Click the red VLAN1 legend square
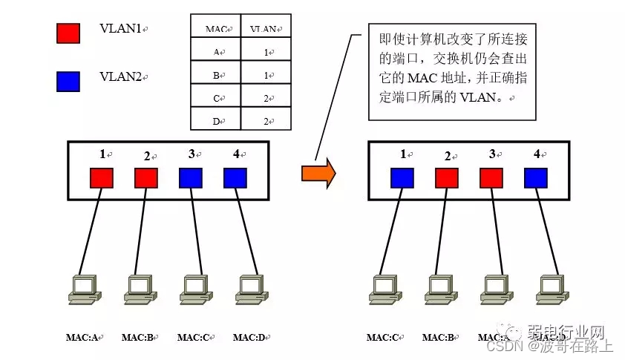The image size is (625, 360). pos(68,32)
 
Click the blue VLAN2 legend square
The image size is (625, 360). pos(68,80)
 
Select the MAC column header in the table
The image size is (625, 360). pos(215,29)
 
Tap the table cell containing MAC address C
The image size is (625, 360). pos(216,97)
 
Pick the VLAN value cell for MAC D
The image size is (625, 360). pos(266,121)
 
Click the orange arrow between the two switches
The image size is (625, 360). pos(318,173)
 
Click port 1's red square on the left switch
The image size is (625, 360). pos(102,178)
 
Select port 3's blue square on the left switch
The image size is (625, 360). pos(190,178)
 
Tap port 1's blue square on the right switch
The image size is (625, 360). pos(402,178)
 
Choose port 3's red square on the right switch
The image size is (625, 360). pos(491,178)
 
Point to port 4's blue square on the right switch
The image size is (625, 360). pos(536,178)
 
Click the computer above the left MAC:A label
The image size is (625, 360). pos(81,290)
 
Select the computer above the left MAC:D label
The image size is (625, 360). pos(249,290)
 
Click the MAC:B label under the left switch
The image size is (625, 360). pos(137,338)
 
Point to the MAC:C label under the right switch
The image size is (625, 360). pos(382,338)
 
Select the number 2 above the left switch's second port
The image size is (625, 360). pos(146,156)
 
